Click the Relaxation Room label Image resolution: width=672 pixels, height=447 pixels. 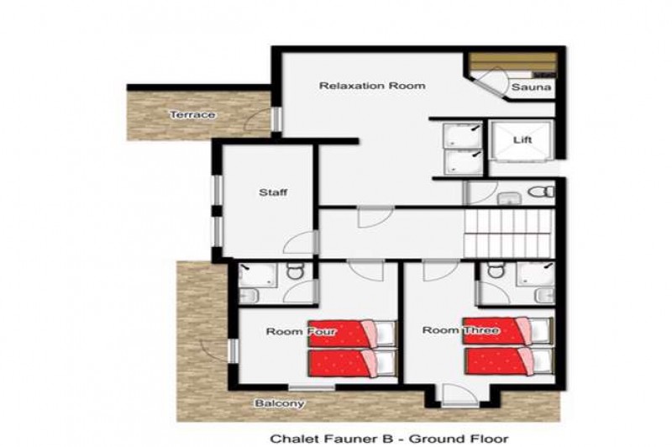click(372, 86)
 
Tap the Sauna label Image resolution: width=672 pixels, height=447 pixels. click(531, 87)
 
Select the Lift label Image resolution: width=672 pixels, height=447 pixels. click(522, 139)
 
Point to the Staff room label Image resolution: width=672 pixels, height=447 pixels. click(273, 192)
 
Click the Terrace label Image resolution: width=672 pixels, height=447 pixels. click(192, 115)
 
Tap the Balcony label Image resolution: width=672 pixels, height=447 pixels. click(280, 403)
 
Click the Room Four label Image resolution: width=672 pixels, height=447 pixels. click(302, 331)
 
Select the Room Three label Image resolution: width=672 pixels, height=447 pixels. click(460, 330)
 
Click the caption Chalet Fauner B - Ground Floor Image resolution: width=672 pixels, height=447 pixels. click(389, 439)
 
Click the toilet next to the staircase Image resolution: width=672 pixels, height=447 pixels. click(541, 192)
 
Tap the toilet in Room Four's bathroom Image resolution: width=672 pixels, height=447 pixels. click(295, 271)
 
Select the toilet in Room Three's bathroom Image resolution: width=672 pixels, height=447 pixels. click(495, 270)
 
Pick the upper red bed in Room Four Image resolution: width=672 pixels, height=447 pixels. click(352, 333)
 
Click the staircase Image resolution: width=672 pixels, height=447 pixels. click(509, 234)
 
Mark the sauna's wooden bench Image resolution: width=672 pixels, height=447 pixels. click(512, 61)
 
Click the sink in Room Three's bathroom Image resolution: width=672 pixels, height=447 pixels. click(545, 296)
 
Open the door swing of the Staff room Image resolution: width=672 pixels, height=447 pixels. click(298, 243)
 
